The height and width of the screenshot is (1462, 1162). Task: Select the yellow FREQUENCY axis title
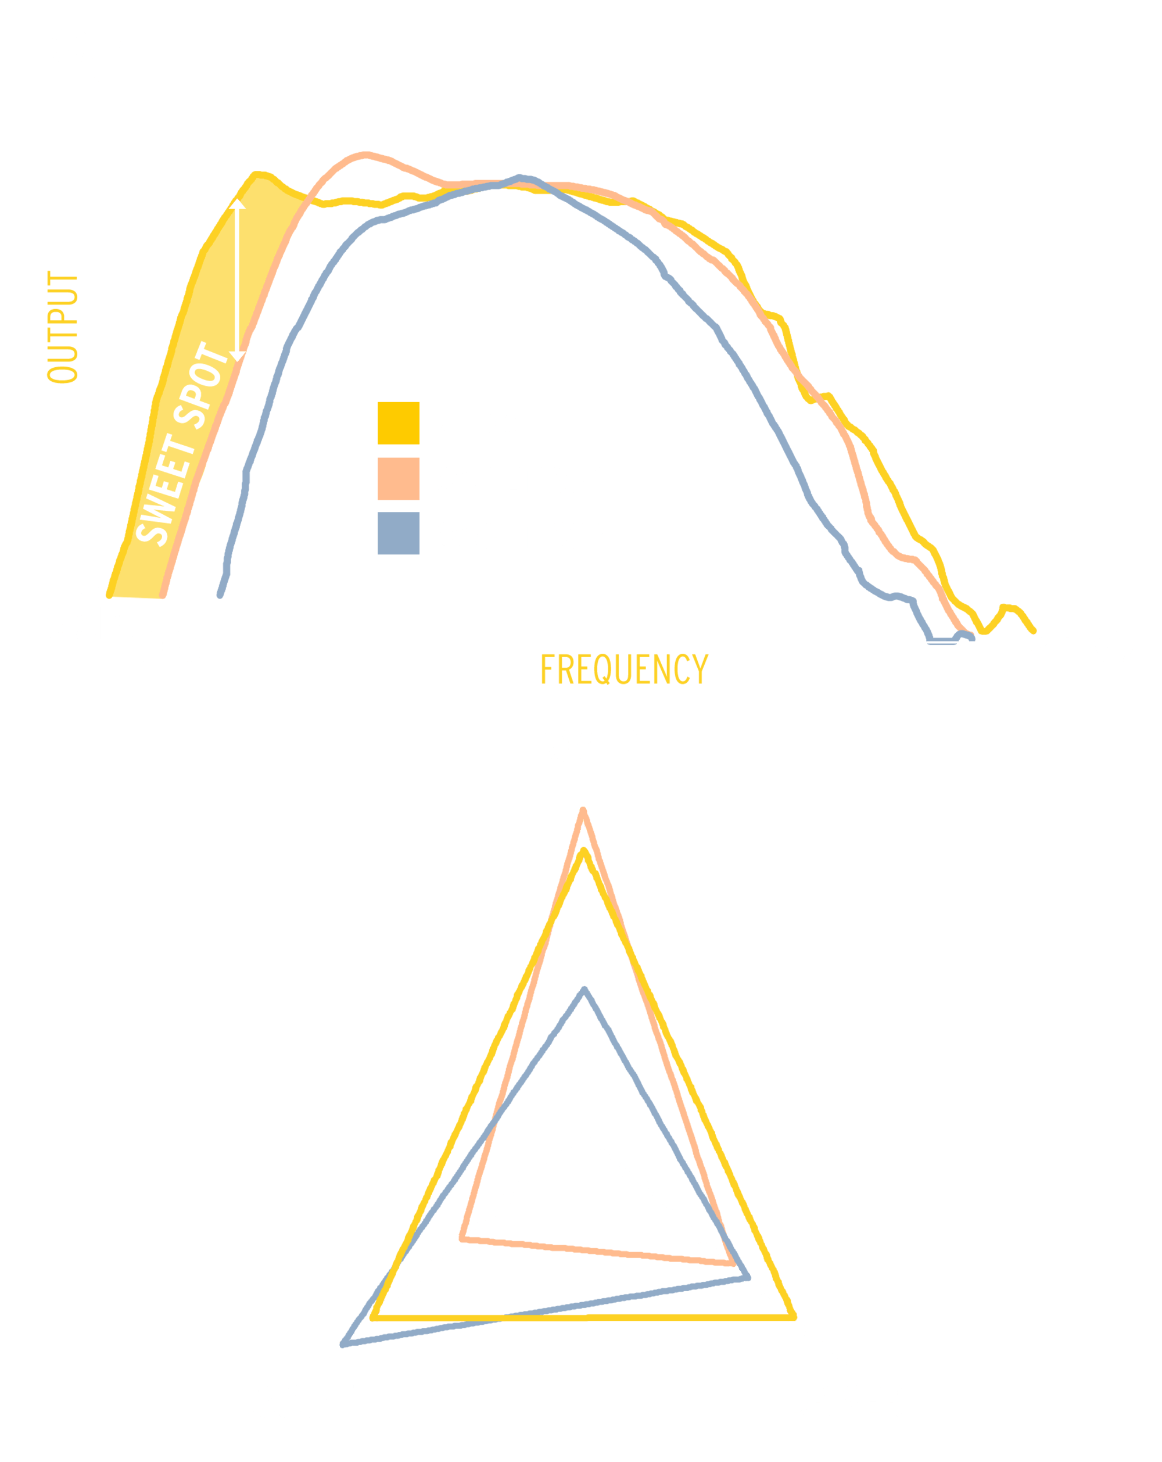(624, 670)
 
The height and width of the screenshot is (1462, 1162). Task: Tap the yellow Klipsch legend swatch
(398, 423)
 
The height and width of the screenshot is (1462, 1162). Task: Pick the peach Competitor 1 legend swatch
(398, 479)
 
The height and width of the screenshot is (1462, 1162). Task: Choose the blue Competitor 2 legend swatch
(398, 533)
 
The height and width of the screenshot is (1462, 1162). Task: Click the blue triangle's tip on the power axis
(584, 991)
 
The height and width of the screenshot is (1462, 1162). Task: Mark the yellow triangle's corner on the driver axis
(793, 1316)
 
